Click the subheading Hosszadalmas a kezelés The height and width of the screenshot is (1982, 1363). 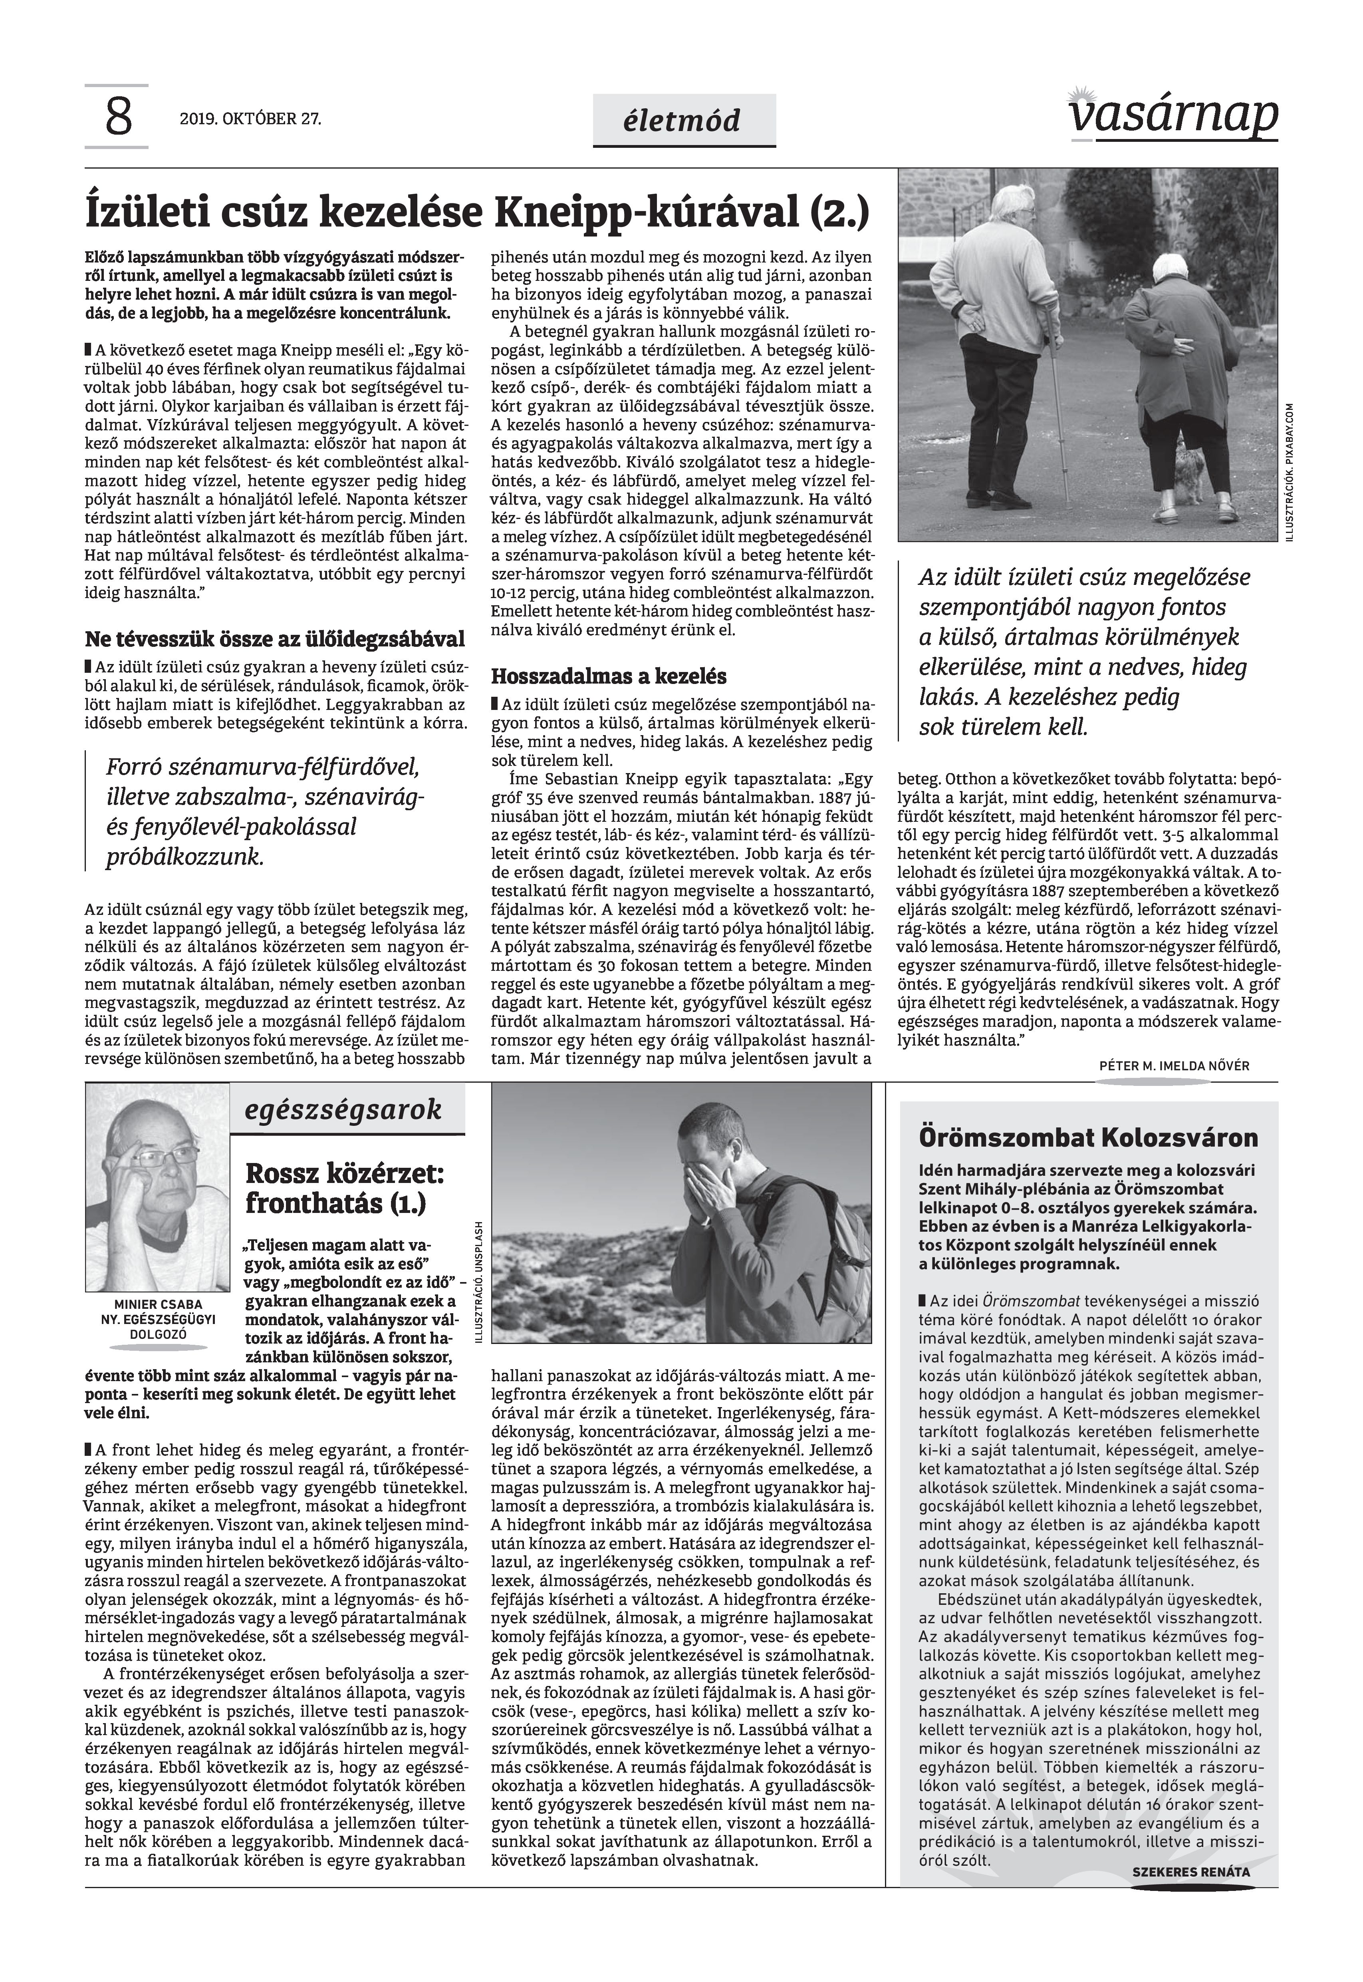point(608,677)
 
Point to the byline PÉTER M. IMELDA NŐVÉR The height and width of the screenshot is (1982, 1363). point(1174,1066)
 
